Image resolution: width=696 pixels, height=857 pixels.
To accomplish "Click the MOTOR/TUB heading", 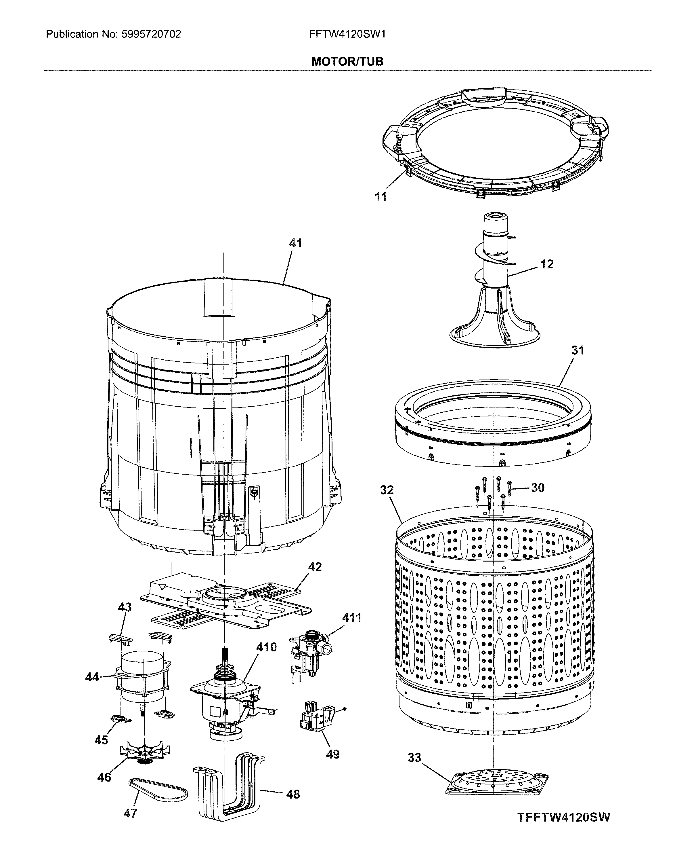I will tap(347, 61).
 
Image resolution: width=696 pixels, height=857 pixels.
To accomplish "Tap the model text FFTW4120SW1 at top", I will tap(347, 34).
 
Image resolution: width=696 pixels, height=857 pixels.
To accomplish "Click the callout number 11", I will tap(380, 197).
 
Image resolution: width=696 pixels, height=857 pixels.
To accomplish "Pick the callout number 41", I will tap(295, 243).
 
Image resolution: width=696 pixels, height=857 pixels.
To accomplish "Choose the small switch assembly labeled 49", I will tap(317, 721).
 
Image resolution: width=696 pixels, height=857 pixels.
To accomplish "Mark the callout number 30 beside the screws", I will tap(537, 488).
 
